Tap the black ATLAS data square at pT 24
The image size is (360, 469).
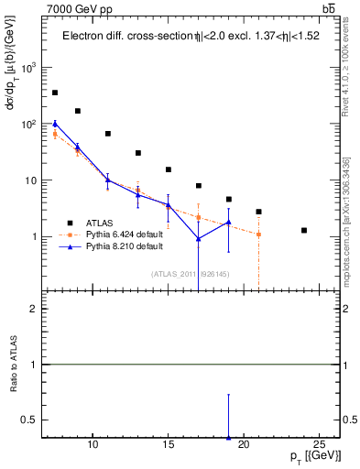[304, 230]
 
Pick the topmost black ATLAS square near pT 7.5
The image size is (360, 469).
[55, 93]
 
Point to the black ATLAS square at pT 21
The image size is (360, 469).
[259, 212]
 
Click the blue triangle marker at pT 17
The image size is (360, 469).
[198, 239]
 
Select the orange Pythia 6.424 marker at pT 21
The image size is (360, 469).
[259, 234]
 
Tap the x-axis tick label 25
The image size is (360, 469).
[319, 444]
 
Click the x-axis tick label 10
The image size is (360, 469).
[93, 444]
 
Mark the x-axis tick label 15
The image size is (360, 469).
[168, 444]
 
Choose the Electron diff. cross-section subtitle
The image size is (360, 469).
[183, 37]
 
